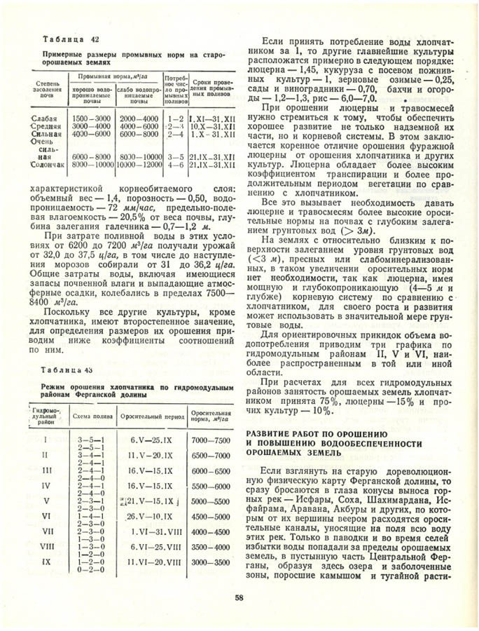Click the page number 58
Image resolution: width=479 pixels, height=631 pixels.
pos(239,597)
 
